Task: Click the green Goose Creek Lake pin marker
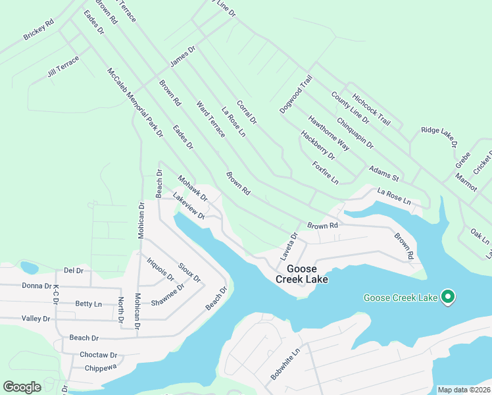(x=448, y=298)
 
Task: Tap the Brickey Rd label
(x=38, y=30)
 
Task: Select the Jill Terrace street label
(x=63, y=66)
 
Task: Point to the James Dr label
(x=183, y=56)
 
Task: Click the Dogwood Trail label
(x=295, y=94)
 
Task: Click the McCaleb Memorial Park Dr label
(x=135, y=101)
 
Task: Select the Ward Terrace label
(x=210, y=119)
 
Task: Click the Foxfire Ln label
(x=325, y=172)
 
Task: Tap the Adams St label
(x=384, y=173)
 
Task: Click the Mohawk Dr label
(x=193, y=188)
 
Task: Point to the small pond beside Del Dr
(x=29, y=267)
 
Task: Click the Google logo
(x=22, y=387)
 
